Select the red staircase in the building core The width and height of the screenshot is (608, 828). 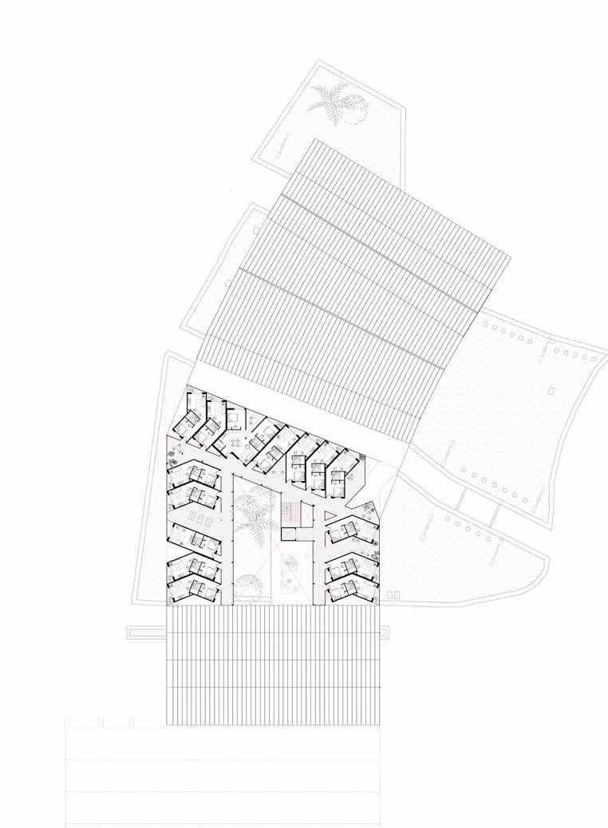292,515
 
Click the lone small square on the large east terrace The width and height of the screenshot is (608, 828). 551,390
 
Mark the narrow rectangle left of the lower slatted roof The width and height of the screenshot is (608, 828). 146,633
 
